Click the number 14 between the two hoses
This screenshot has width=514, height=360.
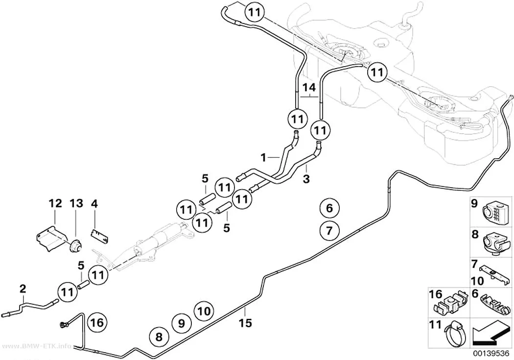pyautogui.click(x=309, y=88)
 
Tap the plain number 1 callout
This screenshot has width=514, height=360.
pyautogui.click(x=263, y=158)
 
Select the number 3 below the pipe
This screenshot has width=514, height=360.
pyautogui.click(x=306, y=179)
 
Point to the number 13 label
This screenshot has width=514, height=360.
pyautogui.click(x=76, y=204)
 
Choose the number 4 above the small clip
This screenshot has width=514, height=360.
pyautogui.click(x=94, y=204)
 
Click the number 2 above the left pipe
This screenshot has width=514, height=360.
pyautogui.click(x=23, y=289)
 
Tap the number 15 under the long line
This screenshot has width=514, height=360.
pyautogui.click(x=245, y=323)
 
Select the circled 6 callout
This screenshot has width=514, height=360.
pyautogui.click(x=329, y=208)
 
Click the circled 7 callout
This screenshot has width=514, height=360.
pyautogui.click(x=329, y=231)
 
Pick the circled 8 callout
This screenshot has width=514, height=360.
pyautogui.click(x=159, y=336)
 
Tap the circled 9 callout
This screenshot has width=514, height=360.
pyautogui.click(x=181, y=324)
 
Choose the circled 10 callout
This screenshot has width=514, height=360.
pyautogui.click(x=204, y=311)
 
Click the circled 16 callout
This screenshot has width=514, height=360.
pyautogui.click(x=97, y=323)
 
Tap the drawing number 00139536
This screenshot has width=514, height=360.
pyautogui.click(x=491, y=354)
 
